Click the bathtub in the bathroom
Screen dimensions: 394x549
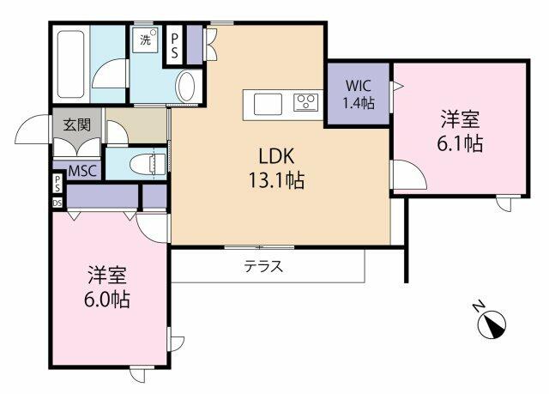(69, 65)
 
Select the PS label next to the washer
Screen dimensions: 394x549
(176, 45)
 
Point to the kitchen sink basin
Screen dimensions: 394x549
(268, 103)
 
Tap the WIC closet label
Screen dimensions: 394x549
(359, 86)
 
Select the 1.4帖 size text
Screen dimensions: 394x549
(359, 104)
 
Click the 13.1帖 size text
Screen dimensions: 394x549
(277, 181)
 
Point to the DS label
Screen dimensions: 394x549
(57, 203)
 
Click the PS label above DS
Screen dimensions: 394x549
(57, 184)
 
